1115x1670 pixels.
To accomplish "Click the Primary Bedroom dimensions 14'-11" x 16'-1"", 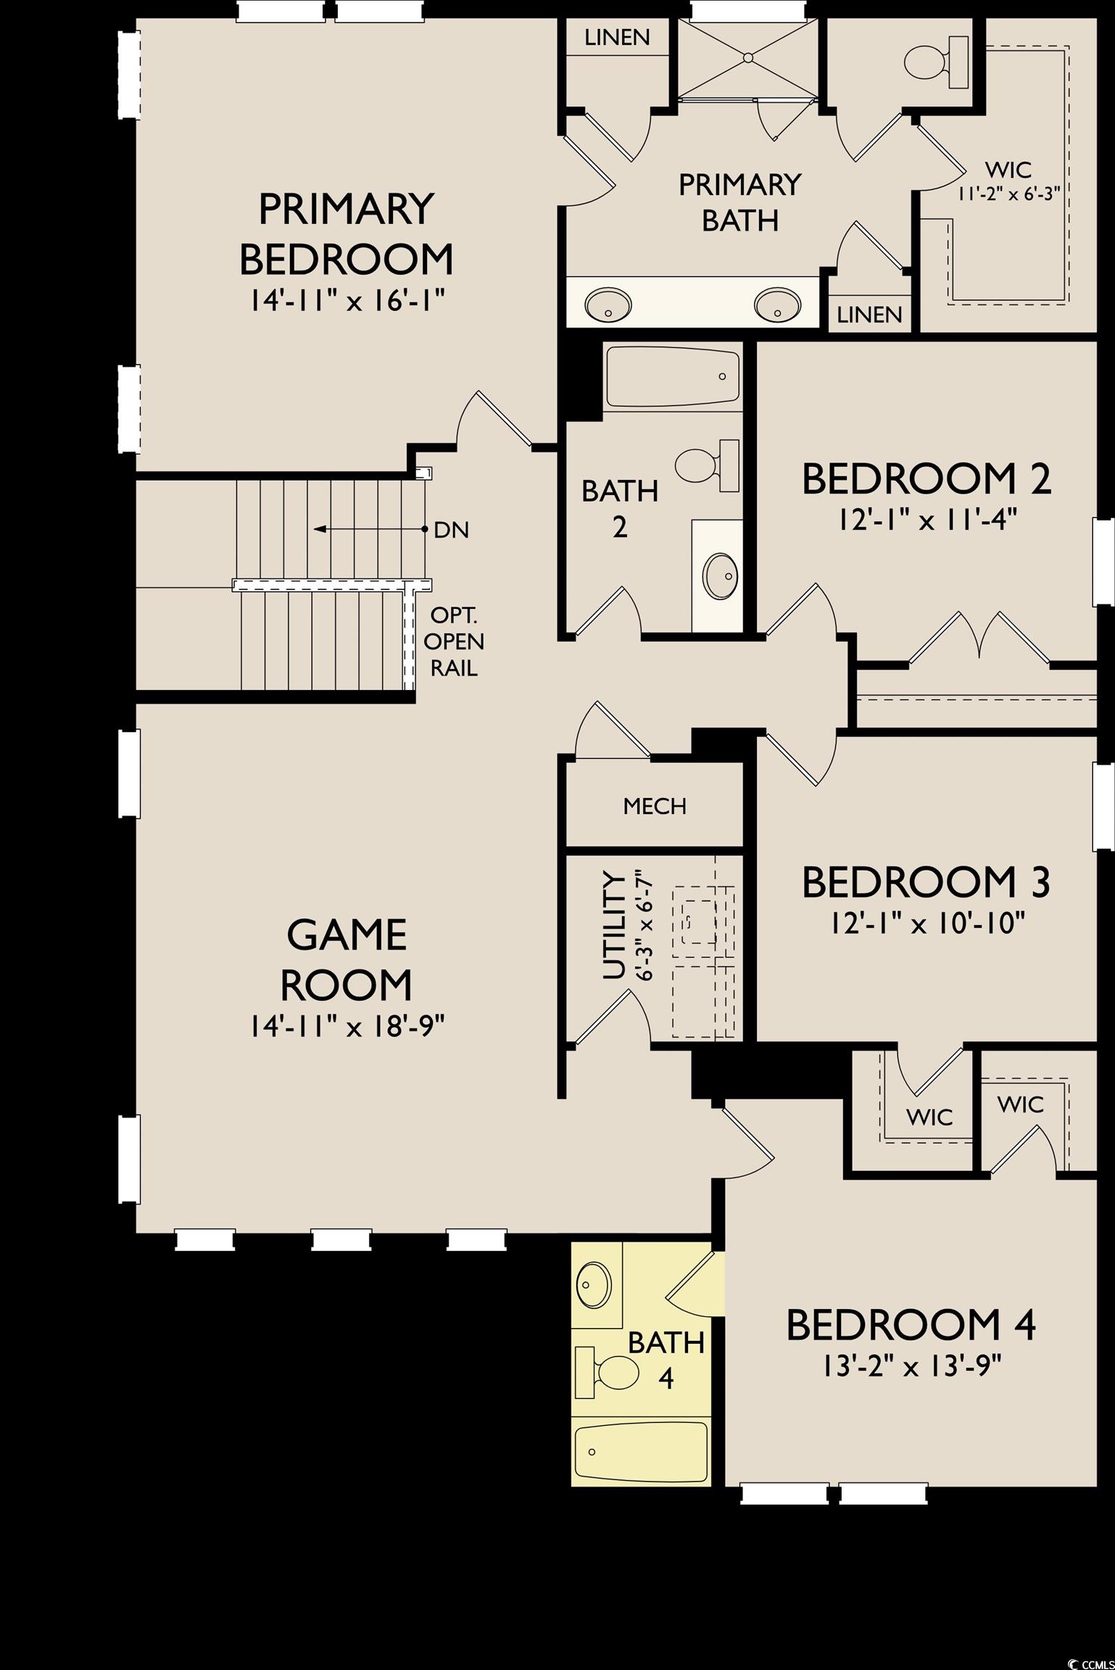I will point(346,300).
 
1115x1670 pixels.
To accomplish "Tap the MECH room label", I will point(654,805).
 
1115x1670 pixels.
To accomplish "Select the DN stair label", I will point(451,530).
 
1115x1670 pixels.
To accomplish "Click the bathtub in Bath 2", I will point(672,377).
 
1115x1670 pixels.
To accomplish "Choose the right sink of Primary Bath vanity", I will point(776,304).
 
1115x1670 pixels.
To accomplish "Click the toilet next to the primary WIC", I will point(934,62).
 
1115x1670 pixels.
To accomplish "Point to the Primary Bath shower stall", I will point(748,57).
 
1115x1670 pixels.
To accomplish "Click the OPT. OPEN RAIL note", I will point(454,641).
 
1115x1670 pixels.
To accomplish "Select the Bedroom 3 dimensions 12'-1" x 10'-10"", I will point(926,923).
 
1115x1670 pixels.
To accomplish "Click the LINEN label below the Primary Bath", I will point(869,314).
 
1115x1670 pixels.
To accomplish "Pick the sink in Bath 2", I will point(721,576).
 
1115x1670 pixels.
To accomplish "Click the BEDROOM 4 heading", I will point(911,1325).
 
